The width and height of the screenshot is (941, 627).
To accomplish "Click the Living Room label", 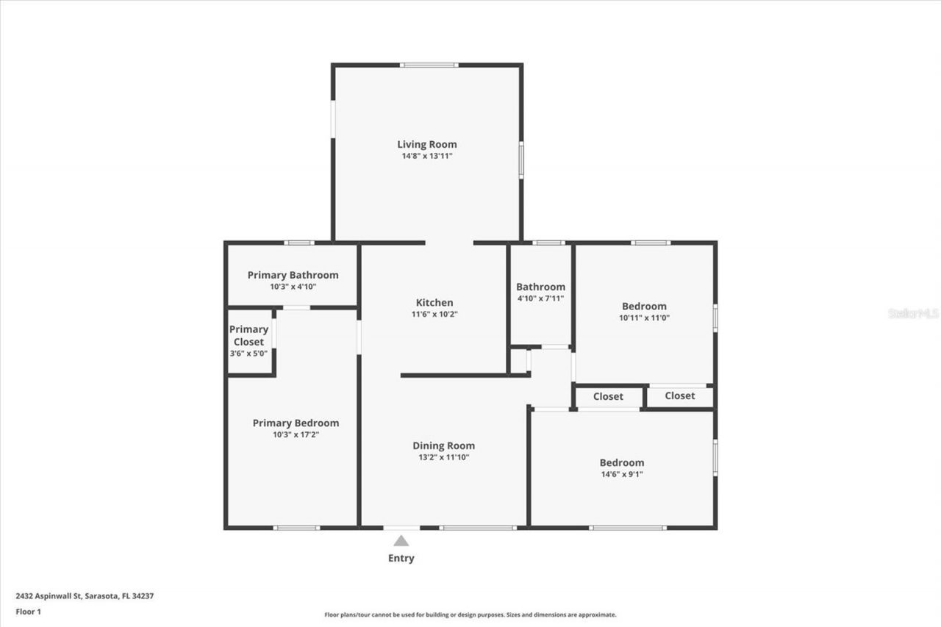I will point(427,144).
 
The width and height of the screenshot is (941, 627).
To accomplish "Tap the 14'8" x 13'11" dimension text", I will point(427,156).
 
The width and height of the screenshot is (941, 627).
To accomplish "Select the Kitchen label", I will point(434,302).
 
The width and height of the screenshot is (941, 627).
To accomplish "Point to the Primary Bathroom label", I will point(293,275).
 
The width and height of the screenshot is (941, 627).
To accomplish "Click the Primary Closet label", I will point(248,335).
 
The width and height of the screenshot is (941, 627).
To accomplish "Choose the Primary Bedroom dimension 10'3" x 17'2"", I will point(296,434).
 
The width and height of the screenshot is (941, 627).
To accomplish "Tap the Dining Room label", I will point(443,445).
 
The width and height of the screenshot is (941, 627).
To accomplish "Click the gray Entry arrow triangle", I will point(401,541).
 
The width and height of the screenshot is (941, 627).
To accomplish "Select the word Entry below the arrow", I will point(401,558).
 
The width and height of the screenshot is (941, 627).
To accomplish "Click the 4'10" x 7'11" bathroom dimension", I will point(540,298).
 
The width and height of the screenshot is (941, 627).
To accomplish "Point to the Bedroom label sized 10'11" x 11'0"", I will point(644,306).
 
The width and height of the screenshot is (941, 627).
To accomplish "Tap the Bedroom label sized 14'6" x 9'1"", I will point(621,462).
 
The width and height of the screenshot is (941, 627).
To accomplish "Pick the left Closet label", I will point(608,396).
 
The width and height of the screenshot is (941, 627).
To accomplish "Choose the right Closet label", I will point(679,395).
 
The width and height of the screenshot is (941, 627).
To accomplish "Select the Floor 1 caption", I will point(28,611).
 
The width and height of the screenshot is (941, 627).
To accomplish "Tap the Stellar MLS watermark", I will point(913,313).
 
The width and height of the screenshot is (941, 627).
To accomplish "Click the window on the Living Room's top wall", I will point(429,65).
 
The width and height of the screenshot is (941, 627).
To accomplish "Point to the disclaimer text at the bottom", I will point(470,615).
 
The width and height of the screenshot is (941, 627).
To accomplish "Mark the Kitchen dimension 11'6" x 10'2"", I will point(434,314).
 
